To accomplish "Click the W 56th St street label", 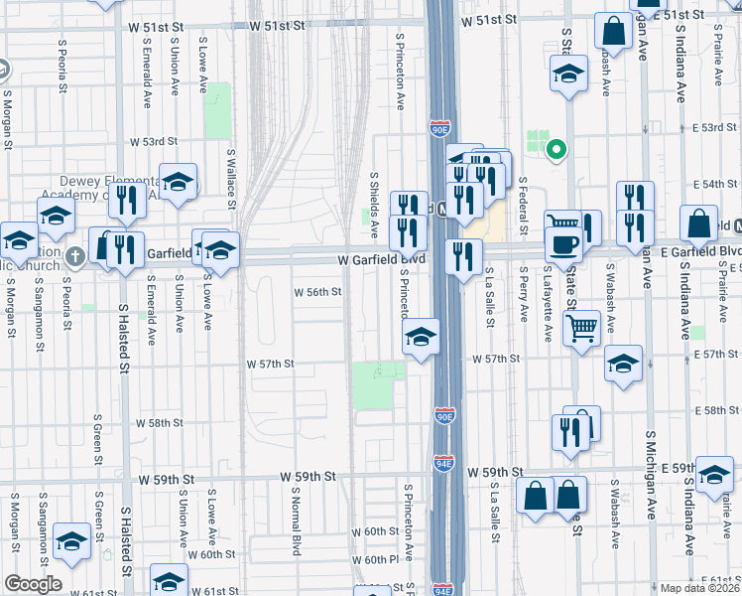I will (317, 292).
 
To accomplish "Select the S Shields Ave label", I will (374, 204).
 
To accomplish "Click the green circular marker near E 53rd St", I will (556, 151).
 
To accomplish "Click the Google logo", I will (33, 584).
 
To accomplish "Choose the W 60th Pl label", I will (379, 559).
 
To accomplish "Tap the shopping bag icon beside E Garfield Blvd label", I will (699, 223).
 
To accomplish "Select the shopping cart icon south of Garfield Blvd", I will (581, 327).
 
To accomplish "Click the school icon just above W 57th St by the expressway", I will (422, 338).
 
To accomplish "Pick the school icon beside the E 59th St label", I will (714, 475).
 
